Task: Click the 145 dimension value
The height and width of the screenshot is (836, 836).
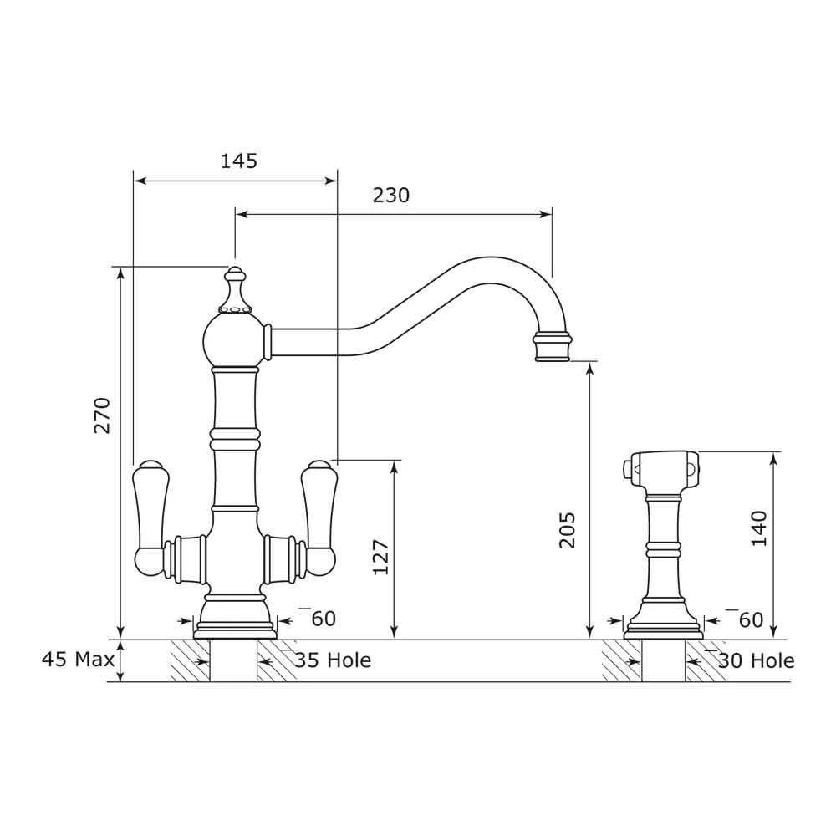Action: click(x=238, y=161)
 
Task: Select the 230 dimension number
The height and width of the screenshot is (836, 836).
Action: click(x=391, y=196)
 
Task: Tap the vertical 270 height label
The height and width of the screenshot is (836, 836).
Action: click(x=102, y=415)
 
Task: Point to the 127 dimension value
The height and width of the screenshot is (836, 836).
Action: click(x=380, y=556)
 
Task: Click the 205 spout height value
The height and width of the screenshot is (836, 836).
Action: click(x=568, y=529)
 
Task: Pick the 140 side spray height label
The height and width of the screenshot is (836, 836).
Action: click(x=758, y=528)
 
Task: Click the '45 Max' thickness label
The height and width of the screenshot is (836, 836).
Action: click(x=78, y=660)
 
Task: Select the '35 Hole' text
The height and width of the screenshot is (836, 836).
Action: click(x=333, y=660)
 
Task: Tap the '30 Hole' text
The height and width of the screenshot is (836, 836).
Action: click(x=757, y=660)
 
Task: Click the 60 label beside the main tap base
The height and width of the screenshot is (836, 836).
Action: click(x=323, y=619)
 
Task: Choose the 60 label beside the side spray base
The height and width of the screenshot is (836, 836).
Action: click(x=751, y=619)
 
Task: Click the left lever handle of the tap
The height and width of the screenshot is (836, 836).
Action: click(x=151, y=518)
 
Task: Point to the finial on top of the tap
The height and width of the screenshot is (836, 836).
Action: click(x=236, y=288)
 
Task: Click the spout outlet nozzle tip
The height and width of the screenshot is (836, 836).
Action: click(x=553, y=347)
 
